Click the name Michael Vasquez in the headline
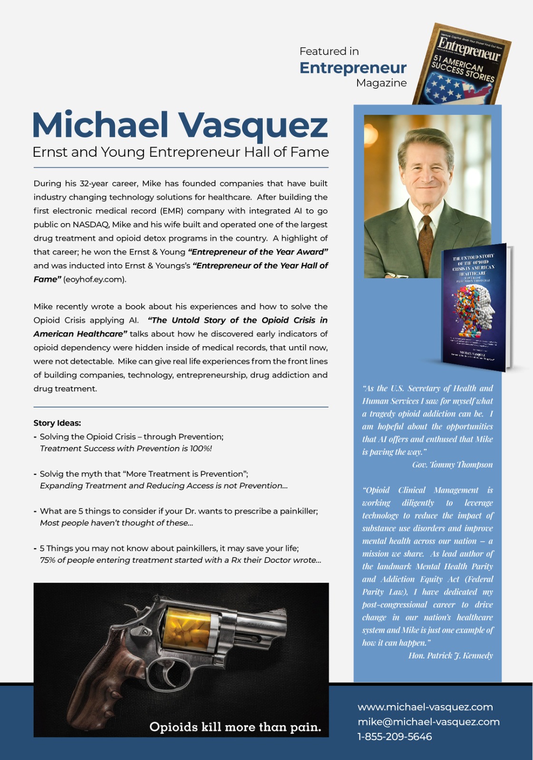coord(180,125)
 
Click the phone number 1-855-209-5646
coord(395,737)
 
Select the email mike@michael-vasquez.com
coord(428,722)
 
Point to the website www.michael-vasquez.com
coord(425,707)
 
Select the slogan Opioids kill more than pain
coord(235,727)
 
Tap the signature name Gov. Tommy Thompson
coord(452,465)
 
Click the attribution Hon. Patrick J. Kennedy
coord(450,655)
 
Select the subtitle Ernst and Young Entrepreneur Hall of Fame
coord(181,152)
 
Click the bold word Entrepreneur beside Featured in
coord(353,68)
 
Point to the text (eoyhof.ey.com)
coord(95,279)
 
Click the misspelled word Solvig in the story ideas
coord(51,474)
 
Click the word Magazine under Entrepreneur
coord(381,83)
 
